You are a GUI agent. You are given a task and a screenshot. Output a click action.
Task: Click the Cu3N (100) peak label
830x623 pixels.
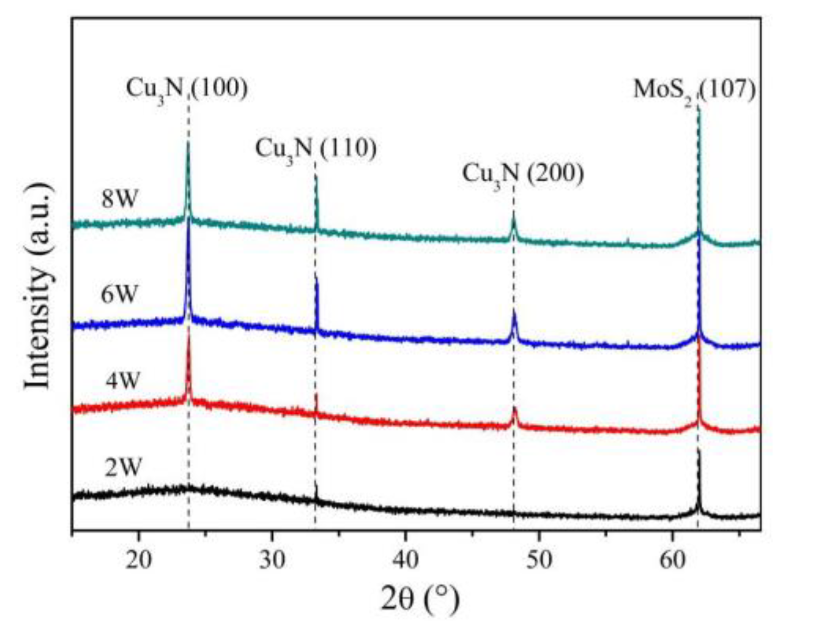pos(186,89)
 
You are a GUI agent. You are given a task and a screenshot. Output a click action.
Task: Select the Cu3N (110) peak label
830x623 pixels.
pos(316,149)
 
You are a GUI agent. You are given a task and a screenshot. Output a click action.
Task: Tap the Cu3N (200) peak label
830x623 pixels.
pos(523,173)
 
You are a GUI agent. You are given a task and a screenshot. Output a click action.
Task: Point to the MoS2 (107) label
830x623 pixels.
pos(694,90)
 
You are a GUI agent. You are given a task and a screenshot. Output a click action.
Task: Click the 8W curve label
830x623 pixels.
pos(119,199)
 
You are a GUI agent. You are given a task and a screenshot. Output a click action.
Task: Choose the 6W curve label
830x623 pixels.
pos(119,295)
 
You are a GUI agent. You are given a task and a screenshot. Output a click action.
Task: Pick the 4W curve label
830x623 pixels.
pos(123,381)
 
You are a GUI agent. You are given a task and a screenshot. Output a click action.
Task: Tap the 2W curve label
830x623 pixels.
pos(123,467)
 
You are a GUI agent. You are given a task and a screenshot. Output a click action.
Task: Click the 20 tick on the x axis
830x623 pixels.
pos(139,560)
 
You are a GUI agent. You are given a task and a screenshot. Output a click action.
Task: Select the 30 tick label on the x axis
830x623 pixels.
pos(272,560)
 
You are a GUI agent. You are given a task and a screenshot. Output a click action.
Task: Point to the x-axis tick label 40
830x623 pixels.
pos(406,560)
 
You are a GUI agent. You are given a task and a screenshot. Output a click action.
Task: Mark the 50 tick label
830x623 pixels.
pos(539,560)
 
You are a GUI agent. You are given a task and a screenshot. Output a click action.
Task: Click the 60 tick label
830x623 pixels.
pos(673,560)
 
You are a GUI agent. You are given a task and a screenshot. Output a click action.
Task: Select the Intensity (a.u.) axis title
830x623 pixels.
pos(39,286)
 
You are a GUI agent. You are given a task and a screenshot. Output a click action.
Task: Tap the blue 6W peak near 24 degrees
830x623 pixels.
pos(188,220)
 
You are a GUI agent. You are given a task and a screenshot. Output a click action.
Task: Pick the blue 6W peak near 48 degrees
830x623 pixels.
pos(514,313)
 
